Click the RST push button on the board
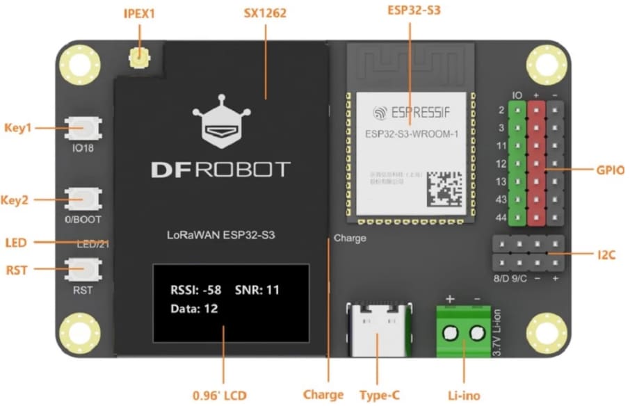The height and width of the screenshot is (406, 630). (83, 268)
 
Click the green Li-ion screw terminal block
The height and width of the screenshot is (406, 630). (464, 333)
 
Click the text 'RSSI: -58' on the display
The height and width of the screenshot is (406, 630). (195, 290)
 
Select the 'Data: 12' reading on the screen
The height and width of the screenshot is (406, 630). (195, 309)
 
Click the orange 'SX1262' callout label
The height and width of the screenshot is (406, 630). (266, 13)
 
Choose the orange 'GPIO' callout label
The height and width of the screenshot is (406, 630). (610, 170)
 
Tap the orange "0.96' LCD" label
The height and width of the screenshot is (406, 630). (220, 396)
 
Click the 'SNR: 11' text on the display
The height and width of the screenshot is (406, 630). (257, 290)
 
